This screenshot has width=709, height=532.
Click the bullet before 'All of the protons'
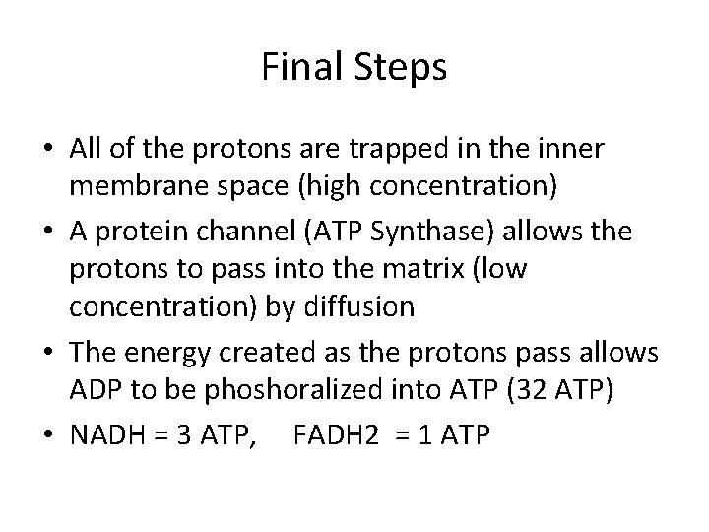(x=50, y=149)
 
